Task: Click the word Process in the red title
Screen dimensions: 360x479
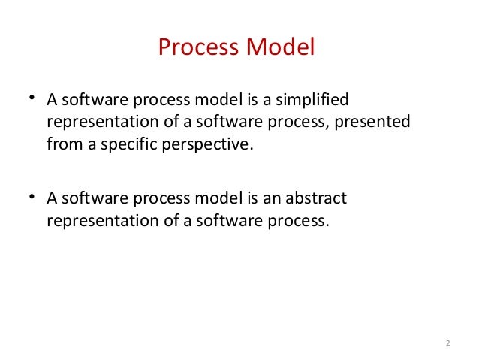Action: pos(198,47)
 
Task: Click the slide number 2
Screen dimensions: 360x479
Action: pos(447,344)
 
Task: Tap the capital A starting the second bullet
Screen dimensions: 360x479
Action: pos(52,199)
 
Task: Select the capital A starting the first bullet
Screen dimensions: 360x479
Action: pos(52,101)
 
